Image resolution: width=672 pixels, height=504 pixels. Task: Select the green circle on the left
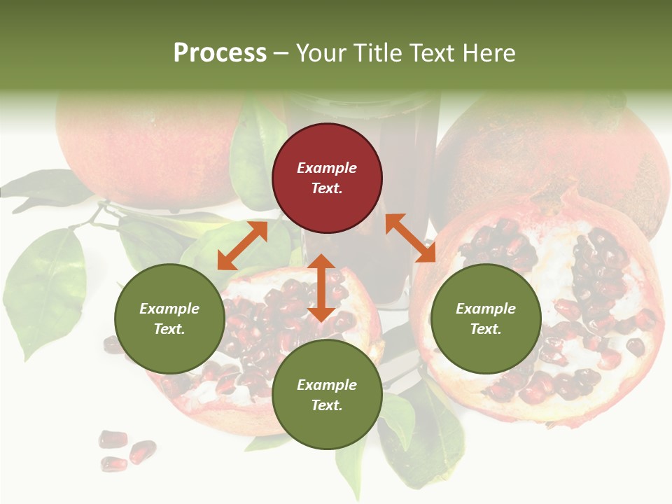(x=169, y=318)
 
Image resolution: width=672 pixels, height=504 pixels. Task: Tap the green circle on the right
(x=486, y=318)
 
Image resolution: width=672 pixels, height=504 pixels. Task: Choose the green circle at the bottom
(x=327, y=395)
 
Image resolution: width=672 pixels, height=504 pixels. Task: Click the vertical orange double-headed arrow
(x=321, y=287)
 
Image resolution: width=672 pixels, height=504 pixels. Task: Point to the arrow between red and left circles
(x=242, y=245)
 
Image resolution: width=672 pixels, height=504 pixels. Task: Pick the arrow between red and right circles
(x=410, y=238)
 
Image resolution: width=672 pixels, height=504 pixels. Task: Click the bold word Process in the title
(x=220, y=52)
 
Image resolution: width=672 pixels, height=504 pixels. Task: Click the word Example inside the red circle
(x=327, y=168)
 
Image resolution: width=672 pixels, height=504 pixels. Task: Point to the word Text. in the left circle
(x=169, y=329)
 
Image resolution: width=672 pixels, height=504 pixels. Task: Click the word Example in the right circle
(x=486, y=309)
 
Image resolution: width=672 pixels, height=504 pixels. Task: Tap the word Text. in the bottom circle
(x=327, y=405)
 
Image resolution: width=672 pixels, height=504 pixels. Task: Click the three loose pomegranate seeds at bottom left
(x=126, y=449)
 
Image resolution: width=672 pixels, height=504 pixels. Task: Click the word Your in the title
(x=321, y=52)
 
